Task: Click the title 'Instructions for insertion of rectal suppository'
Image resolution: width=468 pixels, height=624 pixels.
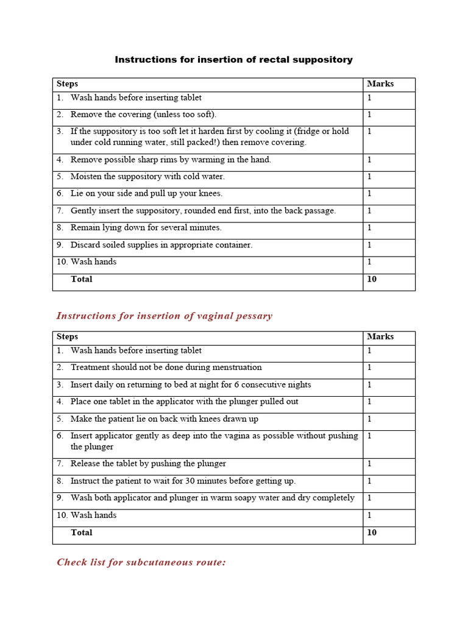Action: [233, 60]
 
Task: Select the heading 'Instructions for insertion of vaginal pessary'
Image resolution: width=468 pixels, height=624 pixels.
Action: [164, 316]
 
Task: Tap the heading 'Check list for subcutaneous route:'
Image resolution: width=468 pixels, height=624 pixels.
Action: [141, 562]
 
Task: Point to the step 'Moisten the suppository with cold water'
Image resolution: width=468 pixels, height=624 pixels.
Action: [147, 177]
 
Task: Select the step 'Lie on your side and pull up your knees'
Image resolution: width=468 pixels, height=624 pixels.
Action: [146, 194]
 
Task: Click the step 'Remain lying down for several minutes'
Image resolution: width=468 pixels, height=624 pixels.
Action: [146, 228]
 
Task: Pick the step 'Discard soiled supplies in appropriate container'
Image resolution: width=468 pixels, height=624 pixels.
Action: [161, 245]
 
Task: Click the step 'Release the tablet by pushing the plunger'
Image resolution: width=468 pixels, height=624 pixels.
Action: [148, 464]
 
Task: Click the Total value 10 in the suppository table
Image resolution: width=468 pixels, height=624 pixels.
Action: [372, 280]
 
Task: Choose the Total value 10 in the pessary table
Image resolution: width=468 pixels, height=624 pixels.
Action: [372, 533]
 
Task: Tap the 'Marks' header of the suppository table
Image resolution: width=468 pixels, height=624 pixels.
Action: [380, 84]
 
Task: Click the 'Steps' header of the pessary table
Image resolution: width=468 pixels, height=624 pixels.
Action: [67, 337]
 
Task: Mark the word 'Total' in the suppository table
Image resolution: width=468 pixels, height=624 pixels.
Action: [82, 279]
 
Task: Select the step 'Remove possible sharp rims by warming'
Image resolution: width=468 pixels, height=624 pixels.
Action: [171, 160]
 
